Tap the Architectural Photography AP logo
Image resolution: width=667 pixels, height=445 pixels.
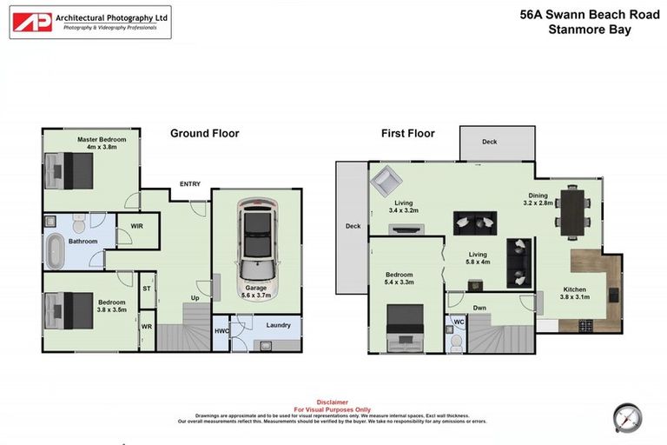pos(31,22)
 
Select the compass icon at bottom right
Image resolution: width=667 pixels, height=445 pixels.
pos(626,416)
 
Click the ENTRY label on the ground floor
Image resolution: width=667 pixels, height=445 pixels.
pos(190,183)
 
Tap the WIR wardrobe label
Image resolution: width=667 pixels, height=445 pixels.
pos(136,225)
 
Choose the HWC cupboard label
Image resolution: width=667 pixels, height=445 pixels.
pos(221,331)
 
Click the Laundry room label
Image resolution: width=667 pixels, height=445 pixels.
pos(278,325)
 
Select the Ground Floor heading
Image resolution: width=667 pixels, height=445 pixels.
pos(204,133)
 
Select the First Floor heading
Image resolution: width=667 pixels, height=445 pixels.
pos(407,133)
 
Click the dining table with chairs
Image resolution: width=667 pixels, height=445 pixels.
pos(572,209)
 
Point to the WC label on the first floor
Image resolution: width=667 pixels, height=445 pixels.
pos(458,322)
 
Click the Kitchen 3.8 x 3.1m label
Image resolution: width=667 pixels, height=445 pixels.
pos(573,294)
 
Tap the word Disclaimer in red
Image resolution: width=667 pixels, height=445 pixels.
pos(333,402)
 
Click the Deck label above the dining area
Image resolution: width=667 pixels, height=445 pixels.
pos(490,141)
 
